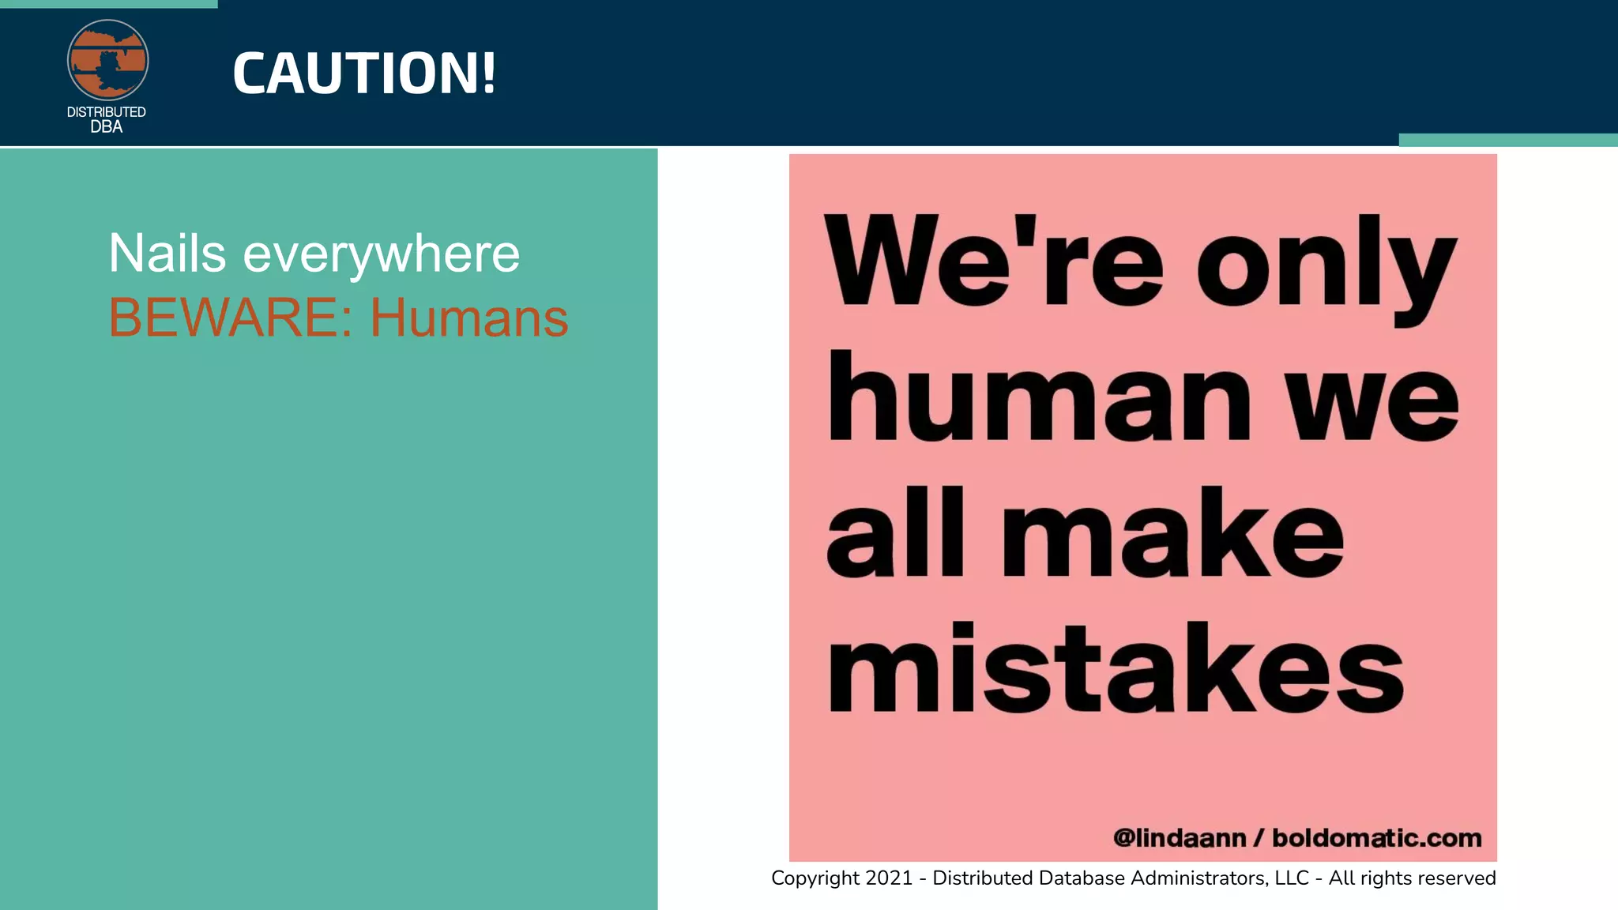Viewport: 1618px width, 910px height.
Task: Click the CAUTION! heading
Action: click(x=364, y=73)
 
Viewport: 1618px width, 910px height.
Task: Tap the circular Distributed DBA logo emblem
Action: click(x=107, y=61)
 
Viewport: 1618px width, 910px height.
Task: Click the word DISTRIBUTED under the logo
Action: click(x=107, y=112)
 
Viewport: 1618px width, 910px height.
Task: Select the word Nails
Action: click(x=167, y=254)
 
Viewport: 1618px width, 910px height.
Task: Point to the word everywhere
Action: click(x=381, y=255)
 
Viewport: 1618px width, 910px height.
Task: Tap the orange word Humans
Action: click(x=469, y=318)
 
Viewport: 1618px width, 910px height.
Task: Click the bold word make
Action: click(x=1173, y=532)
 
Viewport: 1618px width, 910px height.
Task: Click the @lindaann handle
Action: click(x=1180, y=837)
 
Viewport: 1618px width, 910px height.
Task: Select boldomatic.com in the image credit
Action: click(x=1377, y=837)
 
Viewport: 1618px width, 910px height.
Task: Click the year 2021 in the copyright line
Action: click(x=889, y=878)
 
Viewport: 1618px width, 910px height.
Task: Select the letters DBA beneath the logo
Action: click(x=107, y=126)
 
